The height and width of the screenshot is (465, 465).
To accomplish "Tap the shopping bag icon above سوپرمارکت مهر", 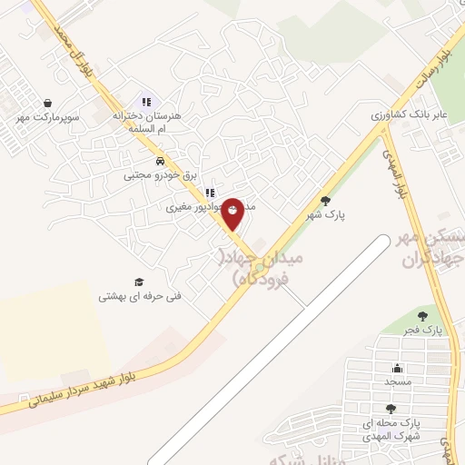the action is [46, 104].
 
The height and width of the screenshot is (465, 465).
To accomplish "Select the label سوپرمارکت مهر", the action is [48, 117].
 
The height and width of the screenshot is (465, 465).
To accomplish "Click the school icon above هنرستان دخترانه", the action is [145, 102].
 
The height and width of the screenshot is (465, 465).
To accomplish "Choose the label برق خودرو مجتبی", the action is [160, 174].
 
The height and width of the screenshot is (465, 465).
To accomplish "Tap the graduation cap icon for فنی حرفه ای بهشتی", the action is [139, 282].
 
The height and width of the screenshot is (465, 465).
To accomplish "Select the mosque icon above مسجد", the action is [397, 368].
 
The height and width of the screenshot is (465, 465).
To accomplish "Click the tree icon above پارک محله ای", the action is [391, 410].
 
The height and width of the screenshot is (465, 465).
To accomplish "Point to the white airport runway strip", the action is [272, 345].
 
